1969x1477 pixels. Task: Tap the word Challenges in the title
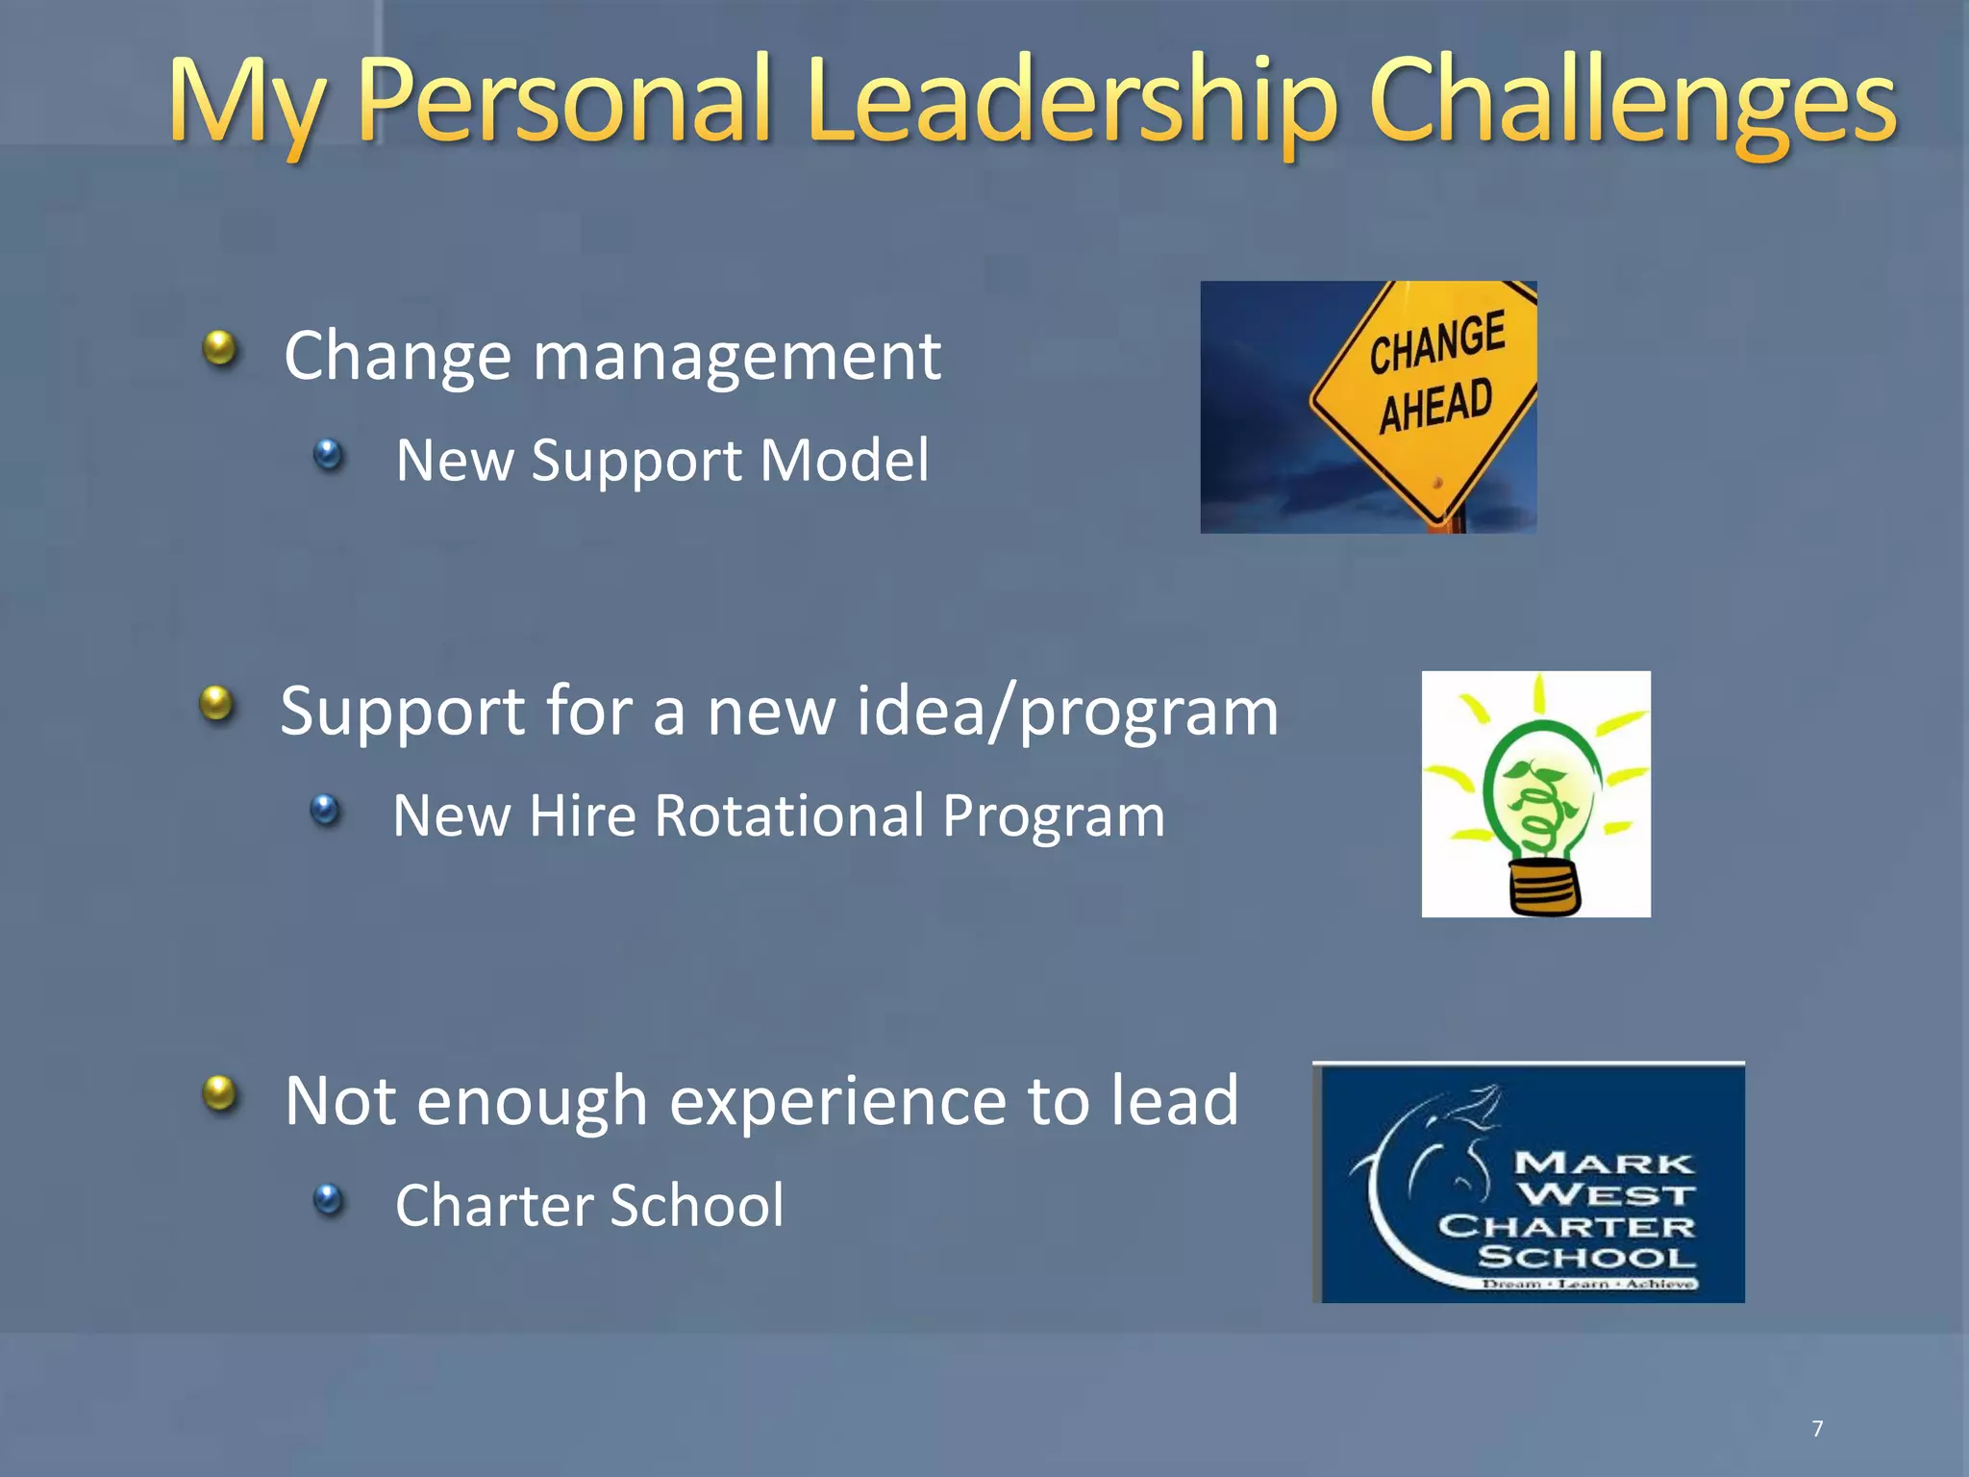(x=1632, y=101)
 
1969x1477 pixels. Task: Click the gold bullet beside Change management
(x=220, y=348)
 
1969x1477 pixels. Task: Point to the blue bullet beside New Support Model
(x=329, y=454)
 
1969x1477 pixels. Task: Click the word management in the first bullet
(x=736, y=358)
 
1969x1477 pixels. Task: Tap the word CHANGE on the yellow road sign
(x=1436, y=342)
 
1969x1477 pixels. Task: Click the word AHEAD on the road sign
(x=1435, y=406)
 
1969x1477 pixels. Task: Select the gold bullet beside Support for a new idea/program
(x=217, y=703)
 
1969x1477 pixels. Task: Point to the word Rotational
(x=790, y=816)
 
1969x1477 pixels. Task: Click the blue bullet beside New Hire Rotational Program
(x=326, y=810)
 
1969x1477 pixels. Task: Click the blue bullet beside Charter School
(x=329, y=1199)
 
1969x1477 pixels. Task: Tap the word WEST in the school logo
(x=1606, y=1195)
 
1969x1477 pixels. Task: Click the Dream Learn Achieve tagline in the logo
(x=1588, y=1284)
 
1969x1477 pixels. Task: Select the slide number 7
(x=1817, y=1429)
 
